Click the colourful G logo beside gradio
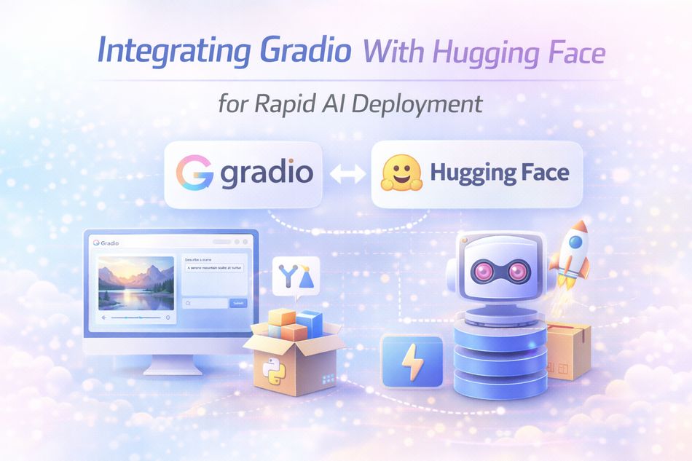pyautogui.click(x=194, y=174)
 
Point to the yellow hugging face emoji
pyautogui.click(x=400, y=174)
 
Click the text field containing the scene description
pyautogui.click(x=214, y=268)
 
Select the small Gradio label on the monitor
pyautogui.click(x=106, y=243)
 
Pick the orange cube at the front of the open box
pyautogui.click(x=294, y=332)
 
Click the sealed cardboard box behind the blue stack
pyautogui.click(x=569, y=351)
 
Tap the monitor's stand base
pyautogui.click(x=173, y=368)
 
